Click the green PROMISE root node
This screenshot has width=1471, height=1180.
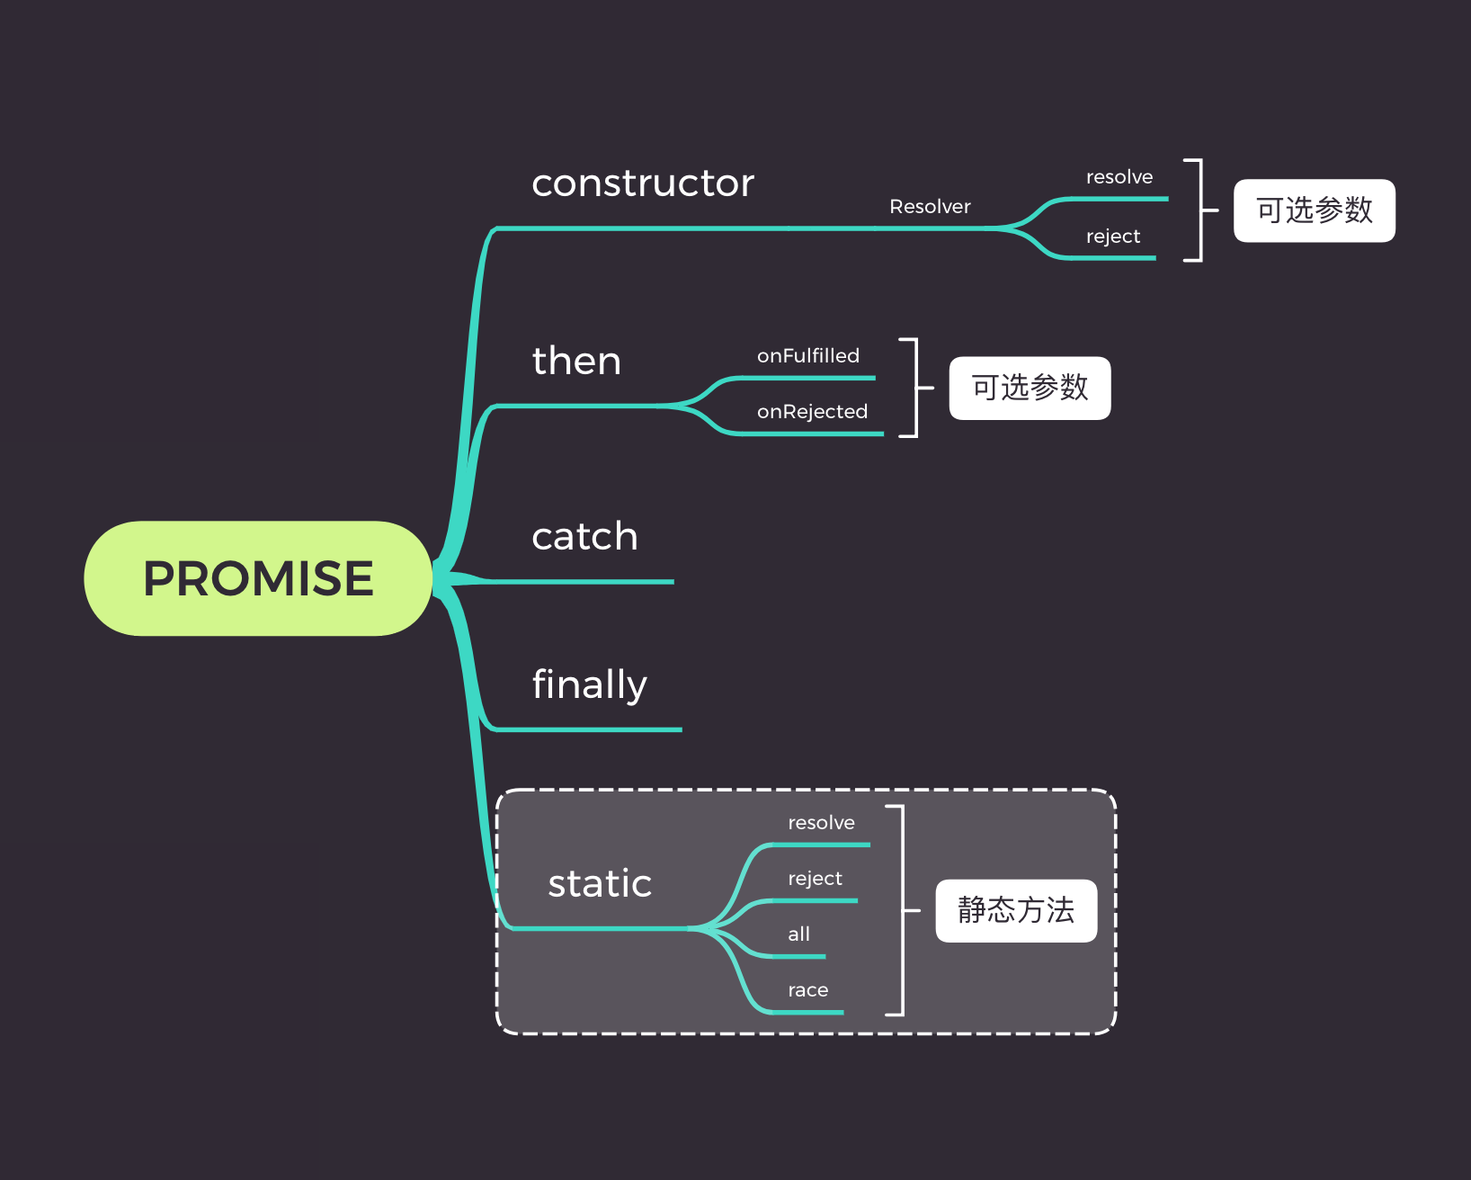[x=258, y=578]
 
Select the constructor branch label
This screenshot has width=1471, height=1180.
[x=643, y=183]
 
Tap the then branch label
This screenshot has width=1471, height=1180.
[x=576, y=362]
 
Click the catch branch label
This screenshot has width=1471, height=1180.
[x=584, y=537]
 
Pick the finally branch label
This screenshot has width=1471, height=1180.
[x=589, y=684]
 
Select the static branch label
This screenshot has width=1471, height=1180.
[x=600, y=883]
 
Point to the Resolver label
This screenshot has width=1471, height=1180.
[x=930, y=207]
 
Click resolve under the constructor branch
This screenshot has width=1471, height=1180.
[x=1119, y=177]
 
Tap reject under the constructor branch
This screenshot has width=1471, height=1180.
[x=1112, y=237]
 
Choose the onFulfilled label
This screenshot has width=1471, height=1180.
[x=807, y=356]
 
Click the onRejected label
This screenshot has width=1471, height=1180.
[x=812, y=412]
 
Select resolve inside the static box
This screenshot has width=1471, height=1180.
[x=821, y=823]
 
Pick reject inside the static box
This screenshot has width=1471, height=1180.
[x=815, y=879]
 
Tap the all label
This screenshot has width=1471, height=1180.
[x=798, y=934]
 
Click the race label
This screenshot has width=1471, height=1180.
[x=807, y=990]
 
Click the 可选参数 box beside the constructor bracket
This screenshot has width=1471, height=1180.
[x=1314, y=210]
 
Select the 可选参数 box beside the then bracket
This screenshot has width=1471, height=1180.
[x=1030, y=389]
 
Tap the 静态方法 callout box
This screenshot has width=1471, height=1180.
[x=1016, y=910]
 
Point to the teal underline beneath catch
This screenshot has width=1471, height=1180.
[x=584, y=582]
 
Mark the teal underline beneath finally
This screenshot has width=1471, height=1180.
[x=589, y=729]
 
